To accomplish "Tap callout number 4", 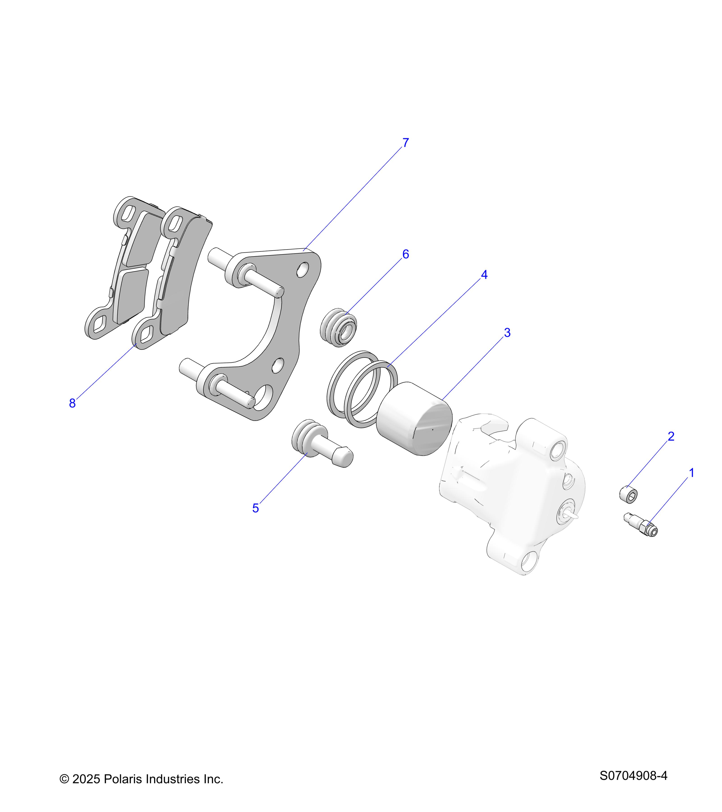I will coord(484,275).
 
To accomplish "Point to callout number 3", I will coord(507,333).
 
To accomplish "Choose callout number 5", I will coord(255,508).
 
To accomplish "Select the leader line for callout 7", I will coord(354,197).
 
